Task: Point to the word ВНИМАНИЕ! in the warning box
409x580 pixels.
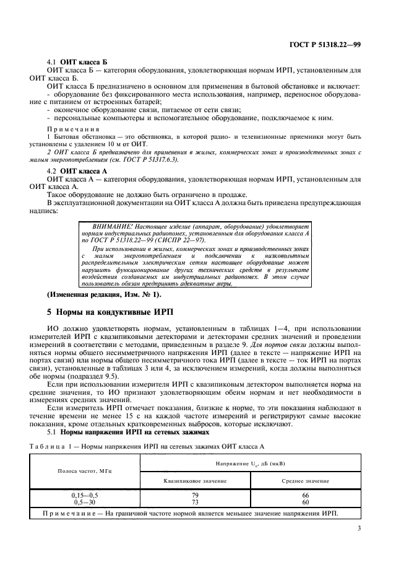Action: tap(111, 229)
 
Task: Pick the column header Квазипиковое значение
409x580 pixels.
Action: tap(196, 481)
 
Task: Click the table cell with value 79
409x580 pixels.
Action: tap(196, 495)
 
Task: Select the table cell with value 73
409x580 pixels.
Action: tap(196, 501)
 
